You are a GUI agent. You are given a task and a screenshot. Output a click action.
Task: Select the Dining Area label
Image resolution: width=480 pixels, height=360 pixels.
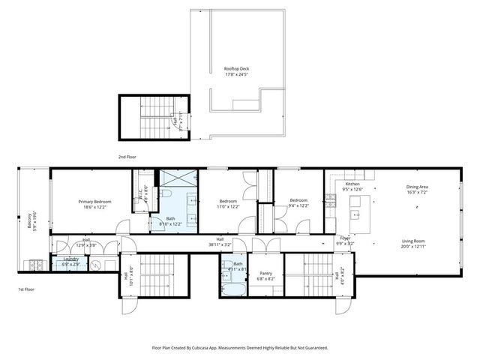[x=417, y=187]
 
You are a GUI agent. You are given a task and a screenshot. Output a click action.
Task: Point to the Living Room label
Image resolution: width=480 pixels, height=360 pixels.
[x=417, y=241]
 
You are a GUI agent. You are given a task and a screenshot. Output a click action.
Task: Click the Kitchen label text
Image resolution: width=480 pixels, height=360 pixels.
[x=352, y=184]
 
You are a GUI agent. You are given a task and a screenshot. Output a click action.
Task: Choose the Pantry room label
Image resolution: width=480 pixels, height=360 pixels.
[x=265, y=273]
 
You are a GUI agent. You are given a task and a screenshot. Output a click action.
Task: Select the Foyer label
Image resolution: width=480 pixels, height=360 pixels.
[x=345, y=238]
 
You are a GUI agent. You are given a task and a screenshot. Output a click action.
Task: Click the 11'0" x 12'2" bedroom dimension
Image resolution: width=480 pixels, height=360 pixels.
[x=229, y=206]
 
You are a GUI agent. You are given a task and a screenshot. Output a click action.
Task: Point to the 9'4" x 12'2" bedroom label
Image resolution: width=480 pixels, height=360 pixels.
[x=298, y=206]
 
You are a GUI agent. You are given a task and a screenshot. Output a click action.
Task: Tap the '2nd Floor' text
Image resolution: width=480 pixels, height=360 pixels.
[x=127, y=157]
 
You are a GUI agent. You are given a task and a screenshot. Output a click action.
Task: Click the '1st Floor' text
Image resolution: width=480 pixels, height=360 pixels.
[x=26, y=289]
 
